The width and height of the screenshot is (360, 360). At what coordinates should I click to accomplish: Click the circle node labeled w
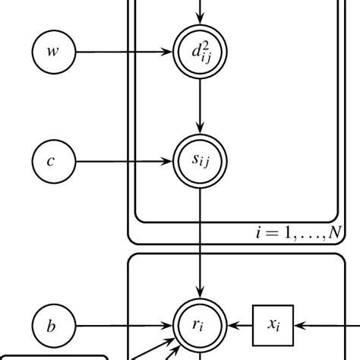(52, 52)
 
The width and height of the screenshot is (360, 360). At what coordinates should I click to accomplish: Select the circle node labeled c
(52, 161)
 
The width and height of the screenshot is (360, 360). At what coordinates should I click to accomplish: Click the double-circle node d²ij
(201, 52)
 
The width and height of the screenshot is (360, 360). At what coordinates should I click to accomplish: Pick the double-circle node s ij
(201, 161)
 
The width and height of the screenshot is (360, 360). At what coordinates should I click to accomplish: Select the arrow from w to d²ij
(122, 52)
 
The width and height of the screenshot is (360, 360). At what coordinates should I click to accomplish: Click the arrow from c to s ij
(122, 161)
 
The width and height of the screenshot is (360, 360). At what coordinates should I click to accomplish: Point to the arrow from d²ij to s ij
(201, 106)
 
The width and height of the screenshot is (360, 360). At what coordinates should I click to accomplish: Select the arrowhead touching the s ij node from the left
(170, 161)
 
